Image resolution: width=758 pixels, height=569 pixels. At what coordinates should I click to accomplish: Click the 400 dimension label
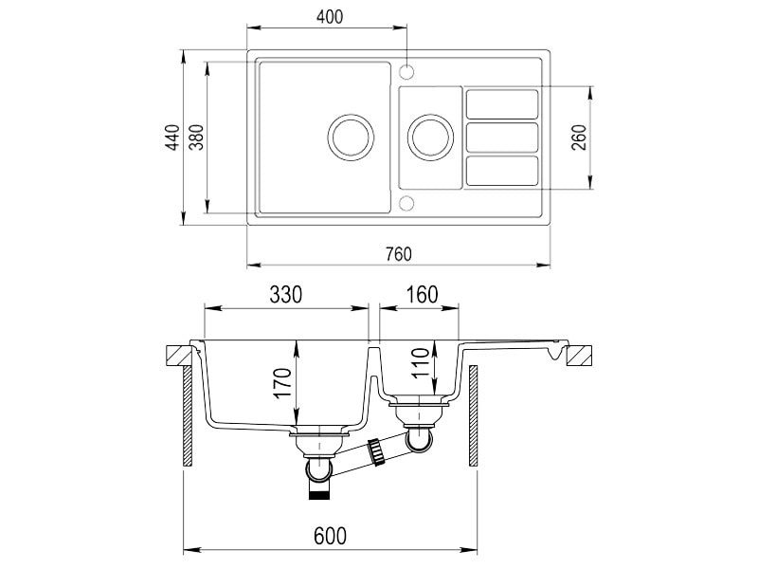(330, 17)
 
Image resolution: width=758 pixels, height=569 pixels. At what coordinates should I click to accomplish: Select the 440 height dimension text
(173, 138)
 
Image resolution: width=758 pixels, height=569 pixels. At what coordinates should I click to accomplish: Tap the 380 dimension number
(196, 138)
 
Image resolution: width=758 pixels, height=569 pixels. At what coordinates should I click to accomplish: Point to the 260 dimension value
(579, 138)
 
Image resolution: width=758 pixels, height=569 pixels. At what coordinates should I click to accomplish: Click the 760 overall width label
(398, 254)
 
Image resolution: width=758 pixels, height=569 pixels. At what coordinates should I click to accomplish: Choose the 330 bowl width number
(286, 294)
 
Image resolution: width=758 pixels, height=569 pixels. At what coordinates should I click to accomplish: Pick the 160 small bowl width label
(422, 294)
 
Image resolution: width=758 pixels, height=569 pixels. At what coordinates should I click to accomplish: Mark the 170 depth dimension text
(282, 383)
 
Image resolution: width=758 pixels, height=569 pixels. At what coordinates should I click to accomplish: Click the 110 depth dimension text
(421, 363)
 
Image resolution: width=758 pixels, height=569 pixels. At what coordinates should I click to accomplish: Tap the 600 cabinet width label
(330, 536)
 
